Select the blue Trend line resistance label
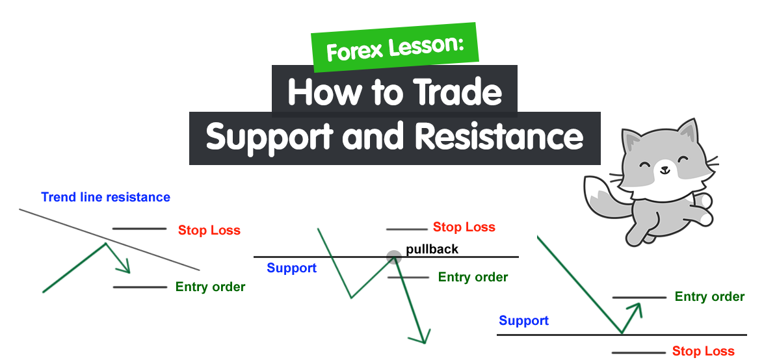click(105, 197)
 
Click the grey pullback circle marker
click(393, 257)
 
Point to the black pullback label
click(432, 249)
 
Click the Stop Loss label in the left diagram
click(209, 230)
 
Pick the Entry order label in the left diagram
click(210, 287)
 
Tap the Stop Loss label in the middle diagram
click(464, 227)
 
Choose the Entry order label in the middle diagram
click(473, 277)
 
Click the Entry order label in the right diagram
click(709, 296)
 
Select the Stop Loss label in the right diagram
click(703, 352)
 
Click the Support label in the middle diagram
click(292, 268)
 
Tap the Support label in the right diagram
click(523, 320)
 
